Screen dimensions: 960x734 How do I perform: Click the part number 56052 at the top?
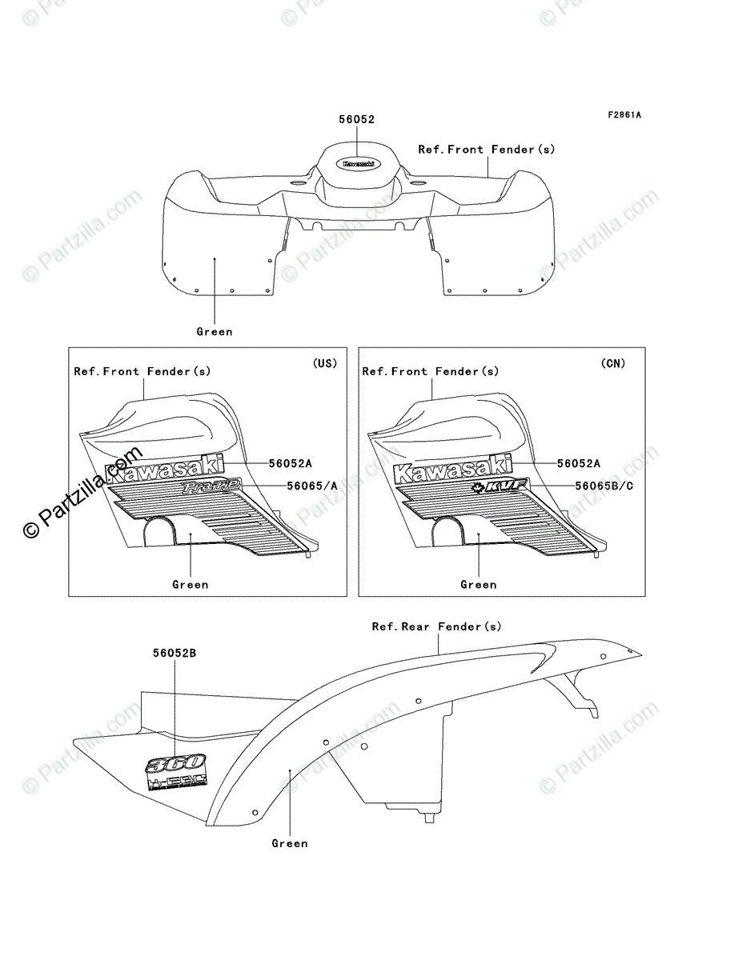click(357, 119)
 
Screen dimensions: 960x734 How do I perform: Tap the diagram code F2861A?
click(624, 114)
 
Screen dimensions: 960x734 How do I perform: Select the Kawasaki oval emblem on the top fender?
click(358, 162)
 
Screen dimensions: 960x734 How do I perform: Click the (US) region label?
click(324, 363)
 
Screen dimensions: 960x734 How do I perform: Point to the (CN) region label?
click(613, 363)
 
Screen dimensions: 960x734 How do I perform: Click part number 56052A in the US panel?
click(290, 463)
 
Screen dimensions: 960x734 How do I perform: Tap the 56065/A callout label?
click(312, 486)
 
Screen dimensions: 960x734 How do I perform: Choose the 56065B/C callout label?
click(604, 486)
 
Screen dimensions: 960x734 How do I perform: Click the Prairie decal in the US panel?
click(211, 487)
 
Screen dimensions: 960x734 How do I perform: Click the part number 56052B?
click(174, 653)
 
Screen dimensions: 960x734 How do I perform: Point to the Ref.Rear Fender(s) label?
click(436, 627)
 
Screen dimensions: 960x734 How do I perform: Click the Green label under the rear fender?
click(290, 843)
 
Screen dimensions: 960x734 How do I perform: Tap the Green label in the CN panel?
click(479, 585)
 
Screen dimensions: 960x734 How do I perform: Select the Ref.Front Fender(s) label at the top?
click(486, 150)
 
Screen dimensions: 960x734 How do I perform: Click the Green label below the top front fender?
click(215, 332)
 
